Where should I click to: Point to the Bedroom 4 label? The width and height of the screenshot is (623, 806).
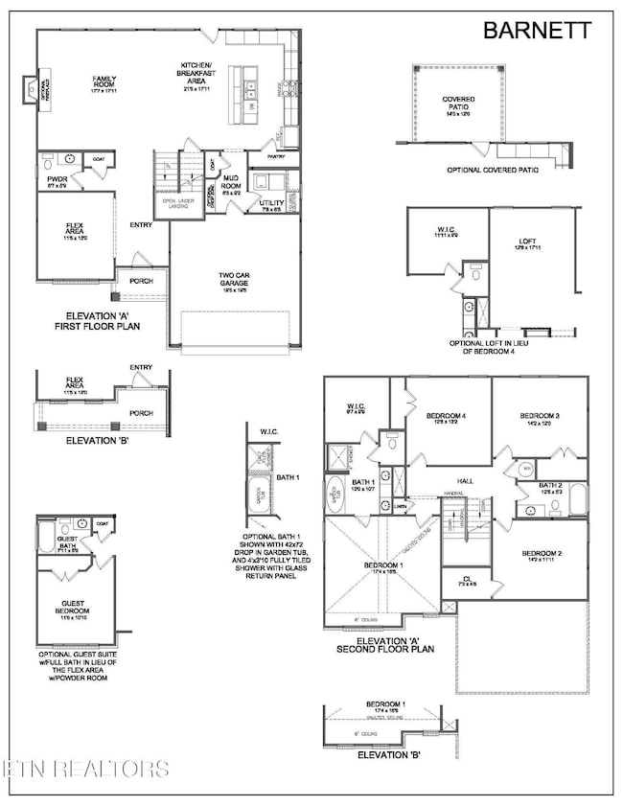446,416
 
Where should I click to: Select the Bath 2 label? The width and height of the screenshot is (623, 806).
548,487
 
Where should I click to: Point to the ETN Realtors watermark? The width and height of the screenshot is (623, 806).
86,769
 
